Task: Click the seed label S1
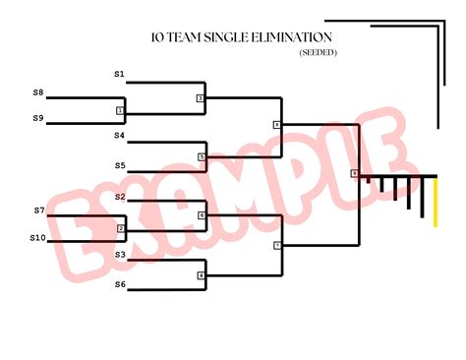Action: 119,74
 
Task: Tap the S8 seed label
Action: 38,92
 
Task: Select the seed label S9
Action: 38,118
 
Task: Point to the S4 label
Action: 119,135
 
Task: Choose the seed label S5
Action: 119,165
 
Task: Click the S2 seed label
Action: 119,197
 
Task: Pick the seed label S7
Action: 39,210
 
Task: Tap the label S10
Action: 37,237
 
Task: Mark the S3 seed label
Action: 119,254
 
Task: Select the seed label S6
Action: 119,284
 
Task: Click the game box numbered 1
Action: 120,110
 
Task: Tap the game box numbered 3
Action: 200,98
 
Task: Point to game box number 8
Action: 277,125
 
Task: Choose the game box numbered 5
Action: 202,156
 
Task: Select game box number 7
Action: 277,244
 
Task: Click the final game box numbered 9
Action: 354,174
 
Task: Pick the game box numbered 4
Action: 202,275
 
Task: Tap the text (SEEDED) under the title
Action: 317,53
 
